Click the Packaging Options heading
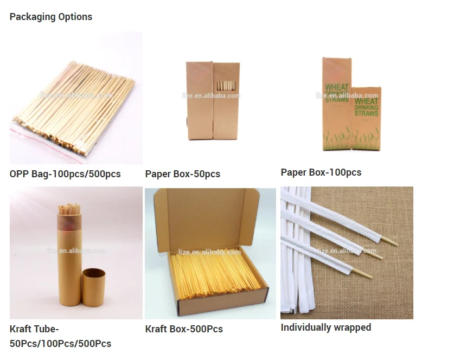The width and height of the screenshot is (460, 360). tap(51, 17)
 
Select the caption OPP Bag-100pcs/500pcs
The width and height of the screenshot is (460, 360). tap(65, 174)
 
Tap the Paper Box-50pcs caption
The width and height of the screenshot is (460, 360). tap(183, 174)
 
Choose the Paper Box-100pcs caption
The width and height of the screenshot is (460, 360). tap(321, 172)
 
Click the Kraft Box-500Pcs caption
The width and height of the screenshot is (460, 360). tap(184, 329)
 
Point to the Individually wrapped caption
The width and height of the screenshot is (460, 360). tap(326, 327)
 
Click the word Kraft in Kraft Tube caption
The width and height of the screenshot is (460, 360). tap(22, 329)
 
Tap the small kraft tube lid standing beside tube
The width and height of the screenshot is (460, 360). tap(95, 293)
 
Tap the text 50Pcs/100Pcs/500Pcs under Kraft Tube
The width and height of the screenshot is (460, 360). tap(60, 344)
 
